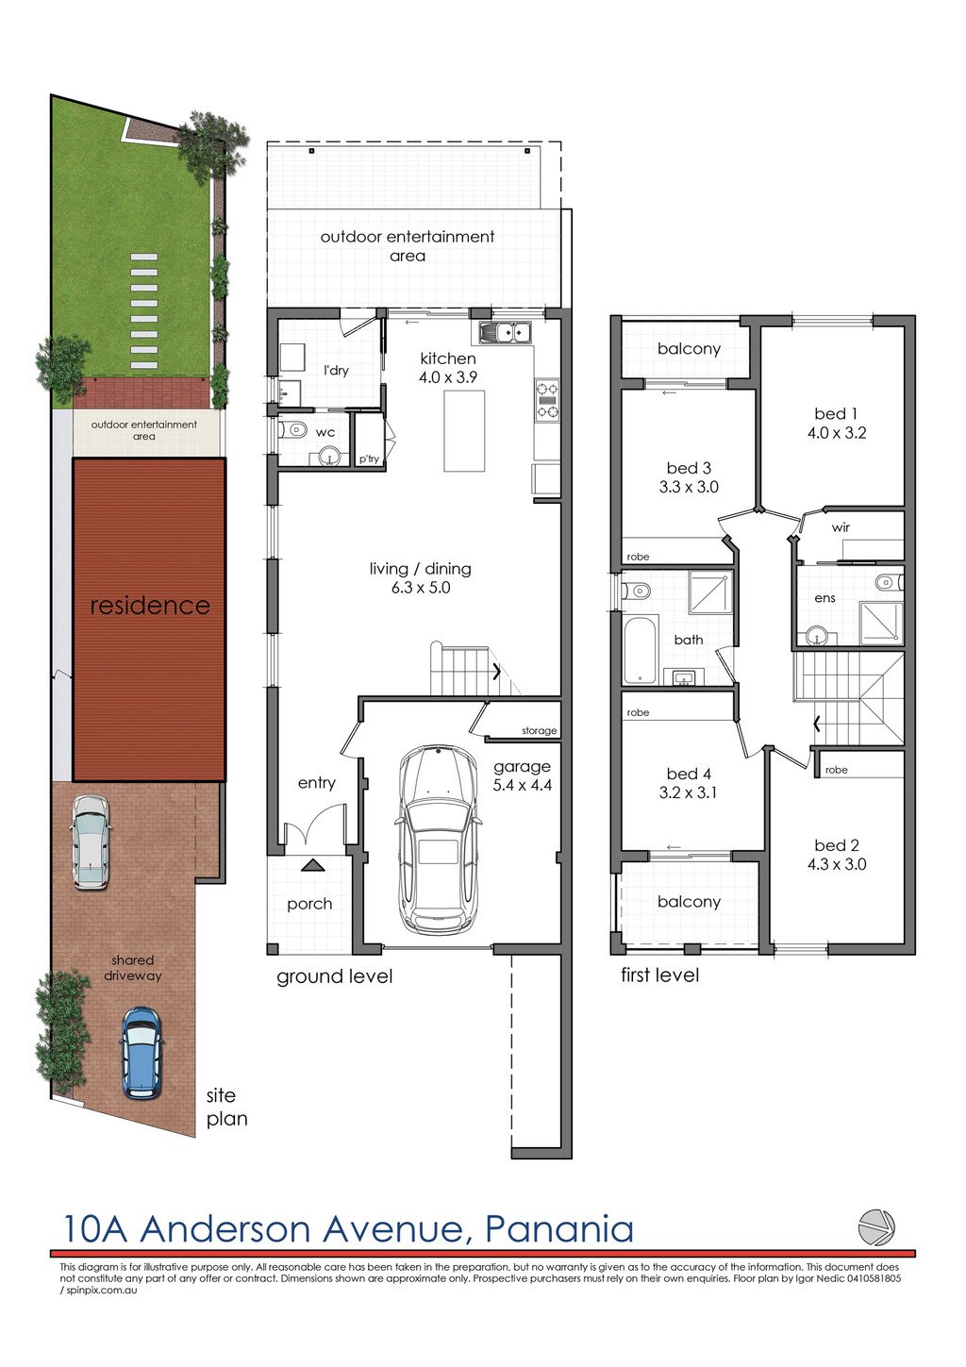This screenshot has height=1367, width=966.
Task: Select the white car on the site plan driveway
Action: pos(91,842)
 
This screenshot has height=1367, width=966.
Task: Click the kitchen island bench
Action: pos(464,431)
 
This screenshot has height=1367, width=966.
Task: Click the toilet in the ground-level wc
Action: pos(293,430)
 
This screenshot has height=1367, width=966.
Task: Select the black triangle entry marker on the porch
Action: pos(312,864)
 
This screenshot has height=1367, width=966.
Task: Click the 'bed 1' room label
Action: pos(836,413)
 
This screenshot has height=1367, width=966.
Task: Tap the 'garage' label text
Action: pos(522,766)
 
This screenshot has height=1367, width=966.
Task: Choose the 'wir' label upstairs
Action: pos(841,526)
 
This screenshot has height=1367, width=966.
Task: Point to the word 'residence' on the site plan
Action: pos(150,606)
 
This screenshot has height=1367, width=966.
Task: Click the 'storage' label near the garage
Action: pos(539,730)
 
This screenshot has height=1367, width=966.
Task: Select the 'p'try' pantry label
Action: pos(369,458)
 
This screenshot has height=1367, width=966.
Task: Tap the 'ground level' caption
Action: pos(334,976)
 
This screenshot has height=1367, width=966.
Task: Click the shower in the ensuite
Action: pos(880,623)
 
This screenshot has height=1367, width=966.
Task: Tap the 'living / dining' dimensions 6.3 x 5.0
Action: pos(421,588)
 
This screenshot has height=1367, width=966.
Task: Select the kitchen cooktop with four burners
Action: pos(547,400)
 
